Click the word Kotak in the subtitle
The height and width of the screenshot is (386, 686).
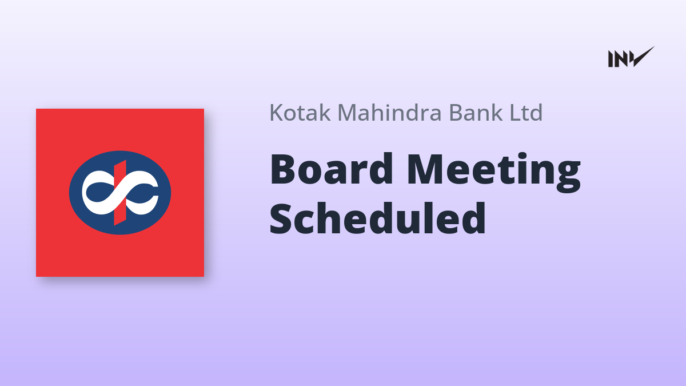point(300,113)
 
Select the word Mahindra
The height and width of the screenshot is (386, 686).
point(389,113)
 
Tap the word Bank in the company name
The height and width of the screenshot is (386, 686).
point(475,113)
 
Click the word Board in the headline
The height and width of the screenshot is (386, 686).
point(332,169)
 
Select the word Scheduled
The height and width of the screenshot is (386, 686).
point(378,218)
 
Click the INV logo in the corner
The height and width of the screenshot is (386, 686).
point(631,57)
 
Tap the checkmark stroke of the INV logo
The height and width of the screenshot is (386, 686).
point(643,57)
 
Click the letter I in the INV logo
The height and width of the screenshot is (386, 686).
point(611,59)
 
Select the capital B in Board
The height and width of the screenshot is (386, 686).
point(282,169)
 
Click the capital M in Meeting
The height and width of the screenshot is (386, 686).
point(426,169)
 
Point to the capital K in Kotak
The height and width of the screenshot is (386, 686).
point(277,113)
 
